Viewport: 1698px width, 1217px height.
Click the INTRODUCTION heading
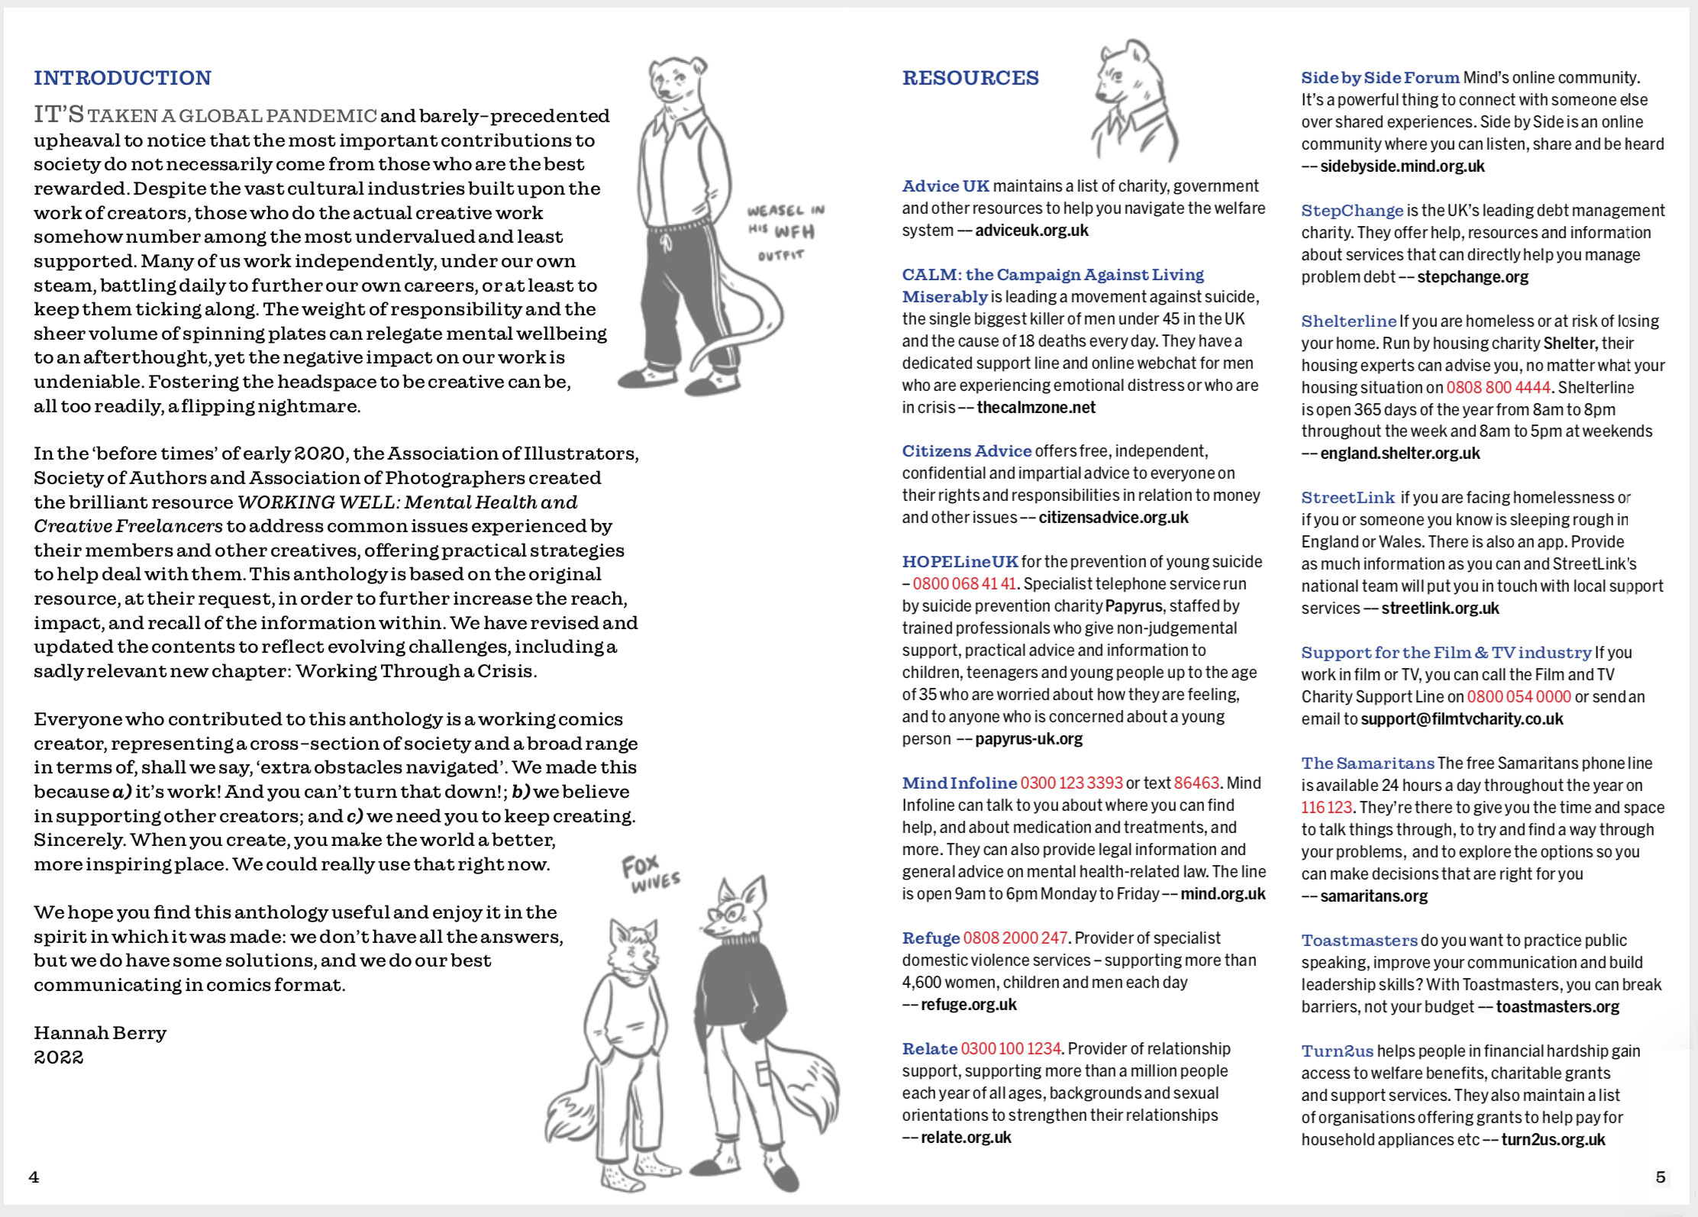pos(122,78)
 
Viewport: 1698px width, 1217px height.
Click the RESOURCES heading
pos(970,78)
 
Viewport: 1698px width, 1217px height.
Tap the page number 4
pos(34,1177)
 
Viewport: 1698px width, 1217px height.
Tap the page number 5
pos(1660,1177)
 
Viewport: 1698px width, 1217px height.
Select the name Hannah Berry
pos(100,1033)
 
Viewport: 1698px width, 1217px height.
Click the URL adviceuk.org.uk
pos(1031,231)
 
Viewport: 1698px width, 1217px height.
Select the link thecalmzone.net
pos(1036,408)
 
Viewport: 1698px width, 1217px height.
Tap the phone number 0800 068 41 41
pos(964,584)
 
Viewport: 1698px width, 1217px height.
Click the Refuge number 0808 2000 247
pos(1015,938)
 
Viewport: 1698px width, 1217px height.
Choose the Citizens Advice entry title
pos(966,451)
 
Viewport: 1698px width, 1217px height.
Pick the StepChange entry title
pos(1351,211)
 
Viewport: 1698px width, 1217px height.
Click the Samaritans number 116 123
pos(1326,808)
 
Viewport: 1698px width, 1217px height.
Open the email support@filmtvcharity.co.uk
pos(1461,719)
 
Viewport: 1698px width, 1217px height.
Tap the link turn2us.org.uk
pos(1553,1140)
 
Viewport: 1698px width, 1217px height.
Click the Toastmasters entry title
pos(1359,941)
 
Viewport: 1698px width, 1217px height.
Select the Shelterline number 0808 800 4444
pos(1498,388)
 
